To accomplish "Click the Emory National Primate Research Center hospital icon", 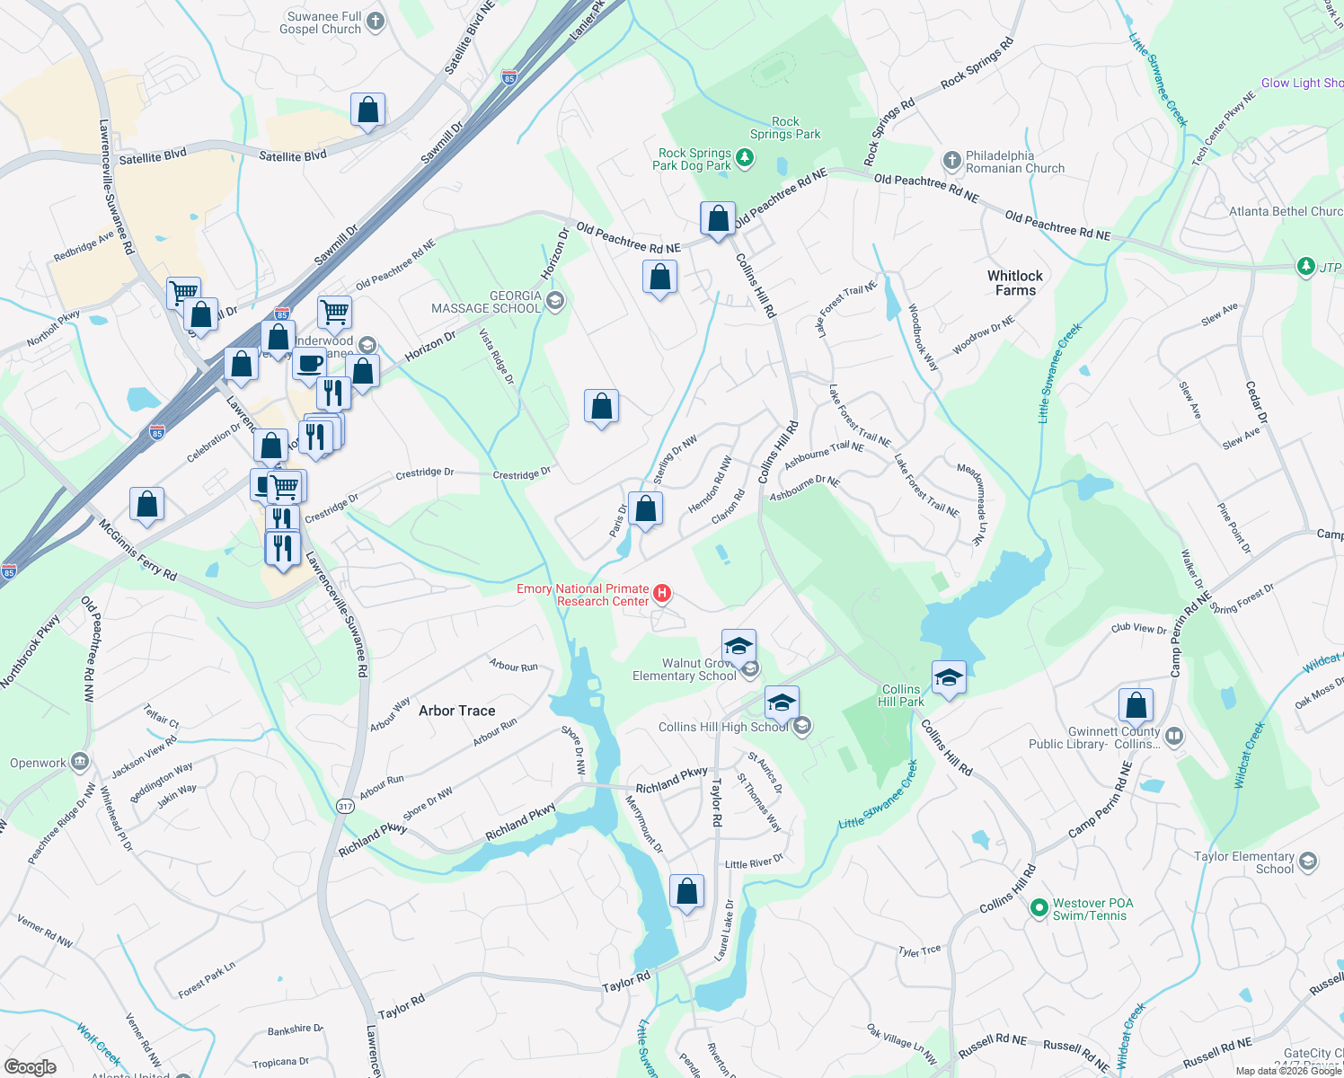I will pos(662,593).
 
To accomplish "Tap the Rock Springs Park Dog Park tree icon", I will pos(744,159).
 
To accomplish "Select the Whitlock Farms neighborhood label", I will pos(1015,283).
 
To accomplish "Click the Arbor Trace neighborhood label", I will pos(457,711).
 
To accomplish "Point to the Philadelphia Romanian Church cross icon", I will pos(951,162).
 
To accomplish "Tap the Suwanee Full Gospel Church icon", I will pos(376,22).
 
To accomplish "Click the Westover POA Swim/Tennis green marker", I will pos(1039,908).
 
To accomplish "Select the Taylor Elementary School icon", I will pos(1308,862).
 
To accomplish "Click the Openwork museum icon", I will pos(79,763).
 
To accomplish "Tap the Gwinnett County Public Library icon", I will pos(1174,737).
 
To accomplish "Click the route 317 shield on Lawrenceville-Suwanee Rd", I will pos(345,806).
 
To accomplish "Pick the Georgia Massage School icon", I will pos(555,301).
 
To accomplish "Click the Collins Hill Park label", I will pos(900,695).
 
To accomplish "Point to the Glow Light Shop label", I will pos(1302,83).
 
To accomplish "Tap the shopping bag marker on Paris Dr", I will pos(645,509).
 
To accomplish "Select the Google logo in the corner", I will pos(30,1066).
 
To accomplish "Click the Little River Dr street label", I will pos(754,863).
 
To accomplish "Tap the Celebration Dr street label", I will pos(214,442).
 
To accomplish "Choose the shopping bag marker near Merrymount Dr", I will pos(686,892).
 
